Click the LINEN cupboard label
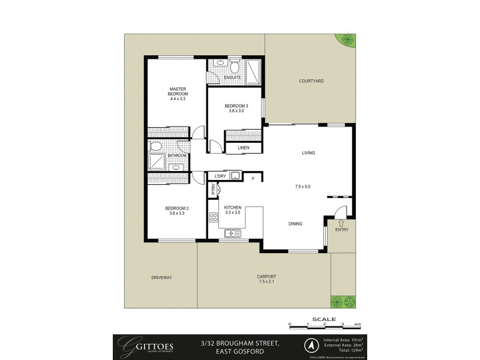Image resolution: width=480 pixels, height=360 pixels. (x=243, y=148)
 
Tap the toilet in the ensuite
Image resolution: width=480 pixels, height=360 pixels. (x=235, y=65)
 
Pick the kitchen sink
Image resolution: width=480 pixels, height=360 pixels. (x=231, y=233)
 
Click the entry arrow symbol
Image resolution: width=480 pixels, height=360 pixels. (x=341, y=223)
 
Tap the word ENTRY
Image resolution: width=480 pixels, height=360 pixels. (x=341, y=230)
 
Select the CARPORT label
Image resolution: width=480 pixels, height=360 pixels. (x=267, y=277)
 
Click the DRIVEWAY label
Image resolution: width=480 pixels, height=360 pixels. (x=162, y=277)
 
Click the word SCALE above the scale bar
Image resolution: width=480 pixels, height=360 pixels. (x=325, y=319)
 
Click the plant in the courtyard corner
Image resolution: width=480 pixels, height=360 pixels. (x=347, y=40)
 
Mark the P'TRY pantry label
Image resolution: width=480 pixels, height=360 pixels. (x=213, y=189)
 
